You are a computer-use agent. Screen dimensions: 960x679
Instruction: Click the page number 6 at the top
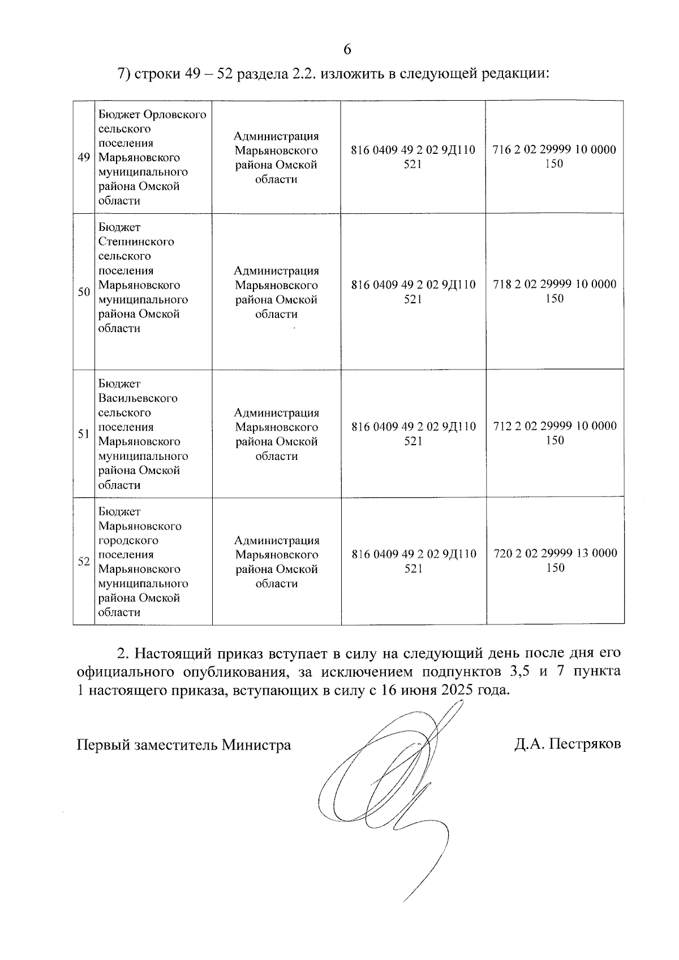[347, 50]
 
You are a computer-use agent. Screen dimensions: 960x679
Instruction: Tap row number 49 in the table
[84, 157]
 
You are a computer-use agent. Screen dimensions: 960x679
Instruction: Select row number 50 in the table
[84, 292]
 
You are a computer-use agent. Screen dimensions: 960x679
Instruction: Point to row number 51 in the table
[84, 434]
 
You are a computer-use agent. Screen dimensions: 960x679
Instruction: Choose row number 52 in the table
[84, 562]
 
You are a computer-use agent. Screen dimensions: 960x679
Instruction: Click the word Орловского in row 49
[175, 115]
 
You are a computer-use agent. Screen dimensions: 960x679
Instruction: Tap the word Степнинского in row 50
[136, 242]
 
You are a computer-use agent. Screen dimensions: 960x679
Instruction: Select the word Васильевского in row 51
[137, 398]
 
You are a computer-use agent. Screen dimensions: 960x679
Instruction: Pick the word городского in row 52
[128, 540]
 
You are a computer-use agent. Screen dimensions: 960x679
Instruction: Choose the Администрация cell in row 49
[276, 157]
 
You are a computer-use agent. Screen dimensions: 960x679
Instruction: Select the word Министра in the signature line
[256, 744]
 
